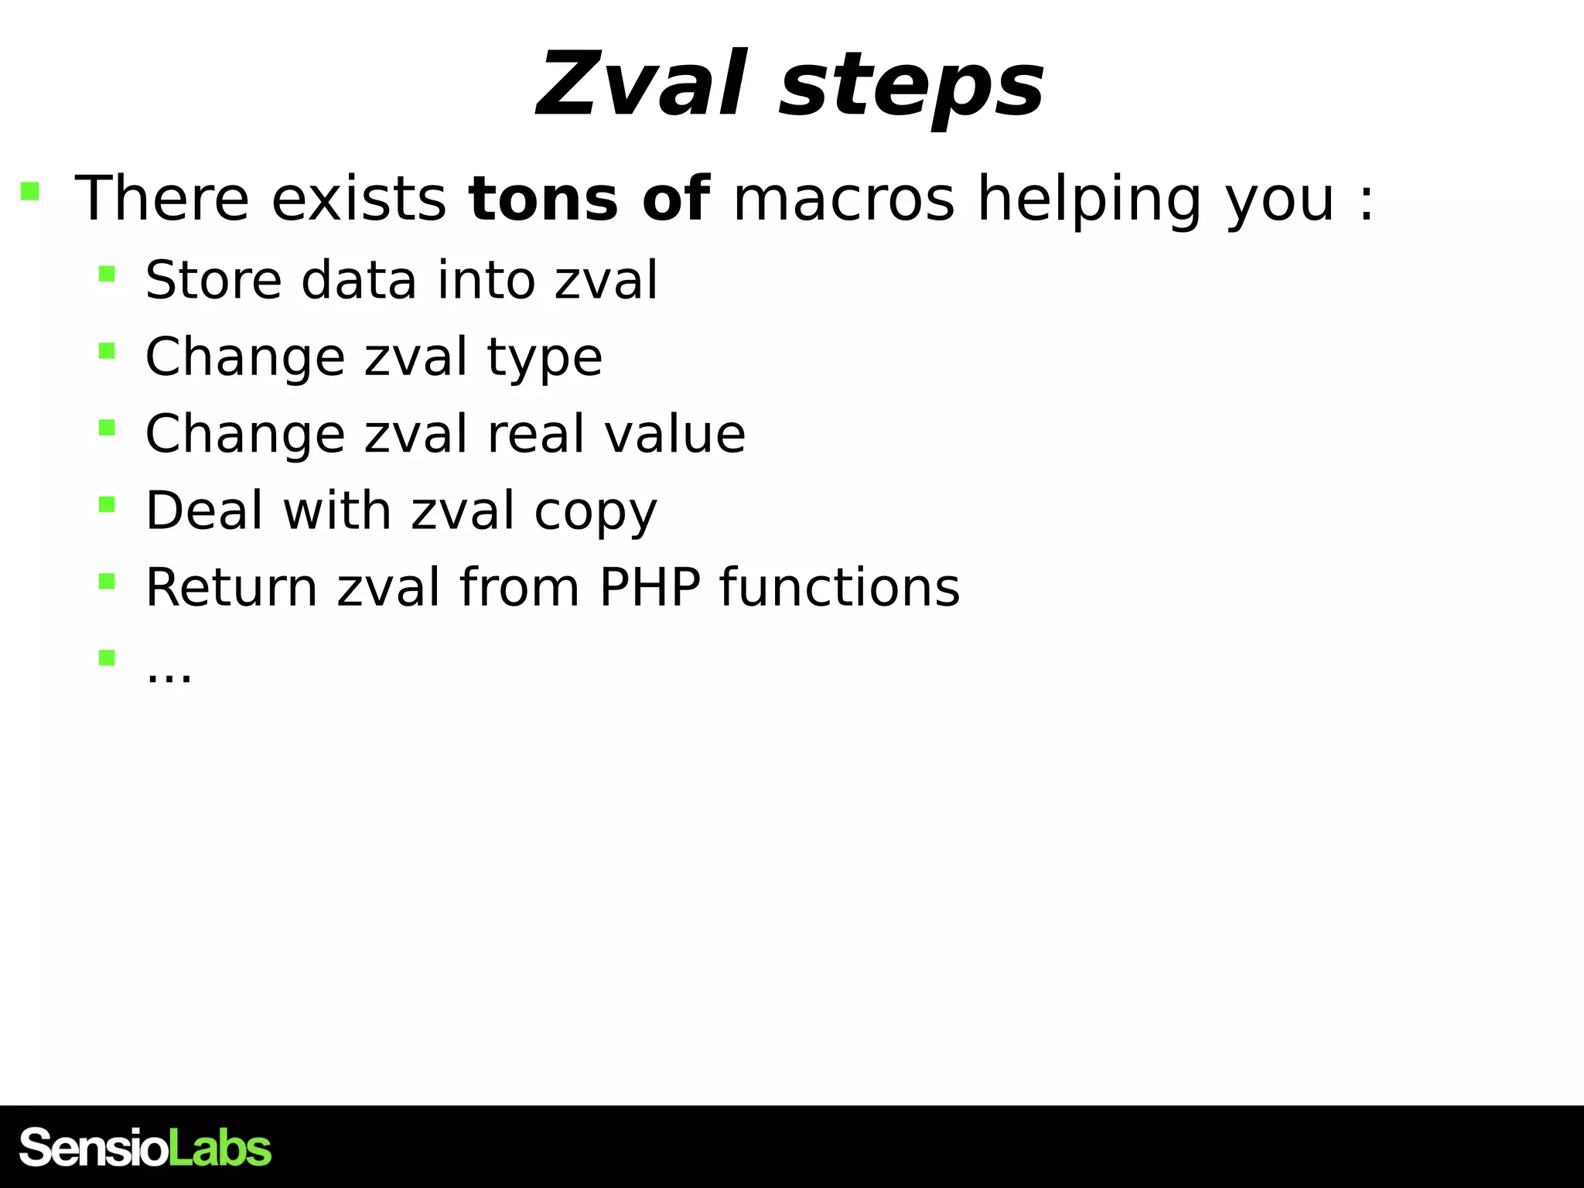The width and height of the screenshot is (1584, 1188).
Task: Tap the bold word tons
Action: coord(543,199)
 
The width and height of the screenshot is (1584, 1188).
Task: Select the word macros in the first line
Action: coord(843,199)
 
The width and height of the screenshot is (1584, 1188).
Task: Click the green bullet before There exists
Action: coord(30,191)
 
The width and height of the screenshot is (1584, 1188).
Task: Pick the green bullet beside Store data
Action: coord(107,274)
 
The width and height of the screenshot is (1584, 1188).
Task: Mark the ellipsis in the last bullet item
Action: coord(169,674)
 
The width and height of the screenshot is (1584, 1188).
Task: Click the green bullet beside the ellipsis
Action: coord(107,658)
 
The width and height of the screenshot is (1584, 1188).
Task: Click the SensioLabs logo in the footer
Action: coord(145,1148)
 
